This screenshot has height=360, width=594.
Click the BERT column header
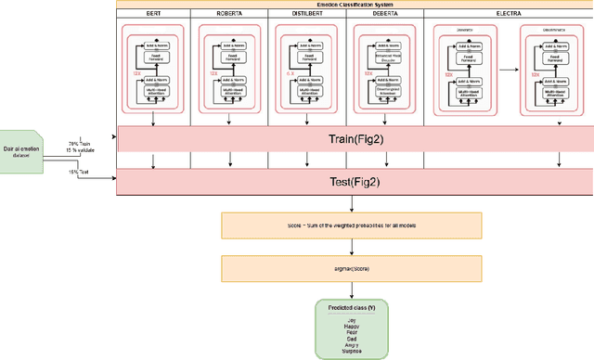click(x=152, y=14)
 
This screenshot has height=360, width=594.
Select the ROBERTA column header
click(x=228, y=14)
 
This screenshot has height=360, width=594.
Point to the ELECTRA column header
click(x=506, y=14)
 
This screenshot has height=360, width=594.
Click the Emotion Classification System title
click(x=353, y=4)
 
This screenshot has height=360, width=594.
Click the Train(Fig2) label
click(x=353, y=138)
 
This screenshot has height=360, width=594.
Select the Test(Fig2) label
click(x=353, y=182)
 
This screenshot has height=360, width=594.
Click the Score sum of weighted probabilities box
click(x=352, y=225)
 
